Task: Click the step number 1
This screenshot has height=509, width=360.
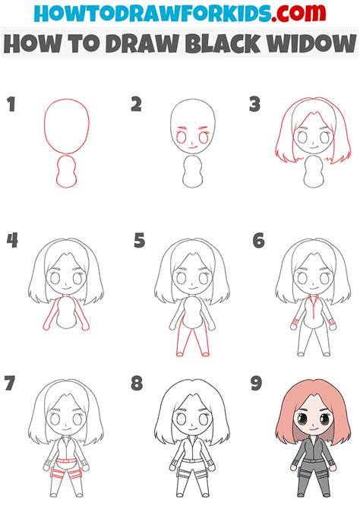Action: pos(11,105)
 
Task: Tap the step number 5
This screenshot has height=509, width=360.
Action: pos(139,241)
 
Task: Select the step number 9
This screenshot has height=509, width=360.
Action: pos(256,383)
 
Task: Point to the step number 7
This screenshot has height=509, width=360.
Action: pos(10,383)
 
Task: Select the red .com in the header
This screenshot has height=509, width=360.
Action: pos(298,14)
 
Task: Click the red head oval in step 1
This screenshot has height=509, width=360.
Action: pos(45,127)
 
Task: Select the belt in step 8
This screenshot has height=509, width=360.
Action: pos(192,461)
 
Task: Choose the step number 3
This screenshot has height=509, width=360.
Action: pos(255,105)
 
